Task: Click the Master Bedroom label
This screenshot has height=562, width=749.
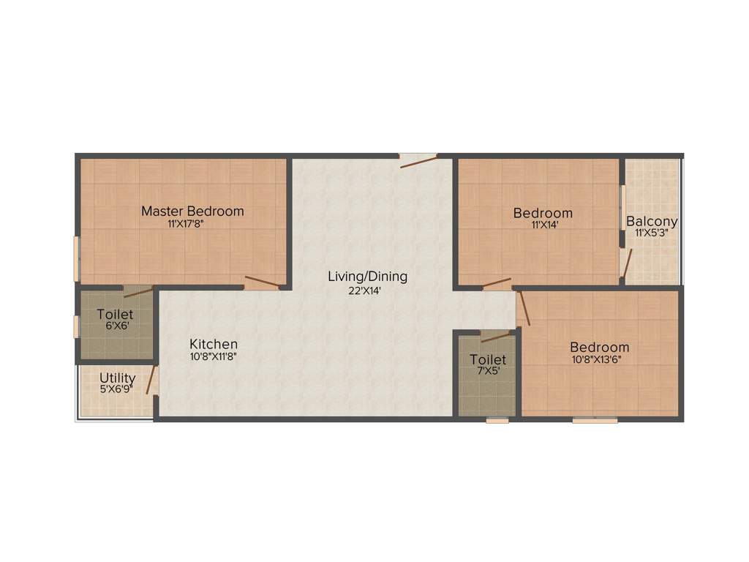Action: pyautogui.click(x=192, y=211)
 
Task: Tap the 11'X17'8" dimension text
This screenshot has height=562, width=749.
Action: pyautogui.click(x=185, y=225)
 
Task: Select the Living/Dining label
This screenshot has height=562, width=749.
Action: pyautogui.click(x=367, y=277)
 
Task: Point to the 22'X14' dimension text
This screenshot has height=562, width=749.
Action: pyautogui.click(x=365, y=290)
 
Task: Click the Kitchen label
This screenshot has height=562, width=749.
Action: pyautogui.click(x=214, y=344)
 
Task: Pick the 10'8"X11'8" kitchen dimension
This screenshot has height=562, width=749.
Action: pyautogui.click(x=213, y=357)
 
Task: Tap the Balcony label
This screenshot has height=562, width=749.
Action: pyautogui.click(x=652, y=221)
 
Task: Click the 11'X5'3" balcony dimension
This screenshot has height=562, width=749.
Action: pyautogui.click(x=652, y=233)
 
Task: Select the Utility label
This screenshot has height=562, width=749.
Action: pyautogui.click(x=118, y=378)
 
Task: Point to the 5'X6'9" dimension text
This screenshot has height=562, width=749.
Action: pyautogui.click(x=116, y=389)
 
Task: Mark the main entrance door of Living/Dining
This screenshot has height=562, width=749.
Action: pyautogui.click(x=418, y=160)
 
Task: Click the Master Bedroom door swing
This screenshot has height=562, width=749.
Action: pyautogui.click(x=261, y=282)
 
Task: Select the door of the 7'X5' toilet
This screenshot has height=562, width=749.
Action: pyautogui.click(x=495, y=337)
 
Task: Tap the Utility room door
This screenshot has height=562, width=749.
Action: pyautogui.click(x=152, y=380)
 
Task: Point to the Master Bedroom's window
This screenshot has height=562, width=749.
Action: pyautogui.click(x=76, y=258)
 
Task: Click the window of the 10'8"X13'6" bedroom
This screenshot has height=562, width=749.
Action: pyautogui.click(x=595, y=420)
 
